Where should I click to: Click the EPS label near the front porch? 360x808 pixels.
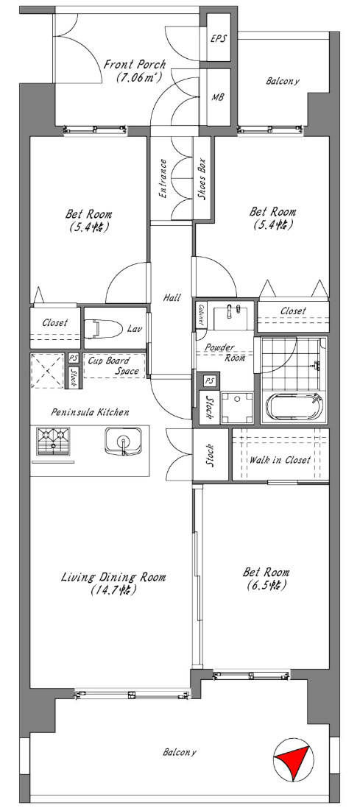tap(218, 39)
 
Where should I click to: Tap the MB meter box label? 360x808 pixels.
tap(218, 97)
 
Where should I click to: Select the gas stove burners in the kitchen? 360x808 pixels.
tap(53, 442)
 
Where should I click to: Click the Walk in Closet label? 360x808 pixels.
tap(280, 460)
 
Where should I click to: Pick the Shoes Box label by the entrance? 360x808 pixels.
tap(202, 179)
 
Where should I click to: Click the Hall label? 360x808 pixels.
tap(172, 297)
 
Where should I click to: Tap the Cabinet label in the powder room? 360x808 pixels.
tap(200, 314)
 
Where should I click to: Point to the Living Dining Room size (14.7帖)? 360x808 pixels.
tap(113, 590)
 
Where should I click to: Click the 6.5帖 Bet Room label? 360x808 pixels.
tap(266, 585)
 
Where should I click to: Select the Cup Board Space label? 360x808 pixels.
tap(113, 365)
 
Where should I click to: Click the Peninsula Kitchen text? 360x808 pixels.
tap(91, 412)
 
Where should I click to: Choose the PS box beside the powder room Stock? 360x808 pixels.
tap(209, 380)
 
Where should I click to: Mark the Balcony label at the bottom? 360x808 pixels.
tap(180, 752)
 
